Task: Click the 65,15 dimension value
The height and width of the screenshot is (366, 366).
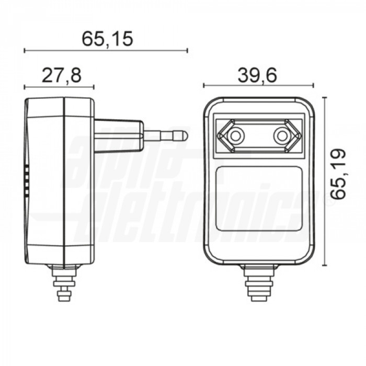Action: pyautogui.click(x=107, y=39)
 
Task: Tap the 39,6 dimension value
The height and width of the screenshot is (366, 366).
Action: pyautogui.click(x=257, y=75)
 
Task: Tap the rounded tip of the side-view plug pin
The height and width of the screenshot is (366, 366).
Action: pyautogui.click(x=183, y=136)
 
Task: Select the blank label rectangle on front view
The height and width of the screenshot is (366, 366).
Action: pyautogui.click(x=258, y=201)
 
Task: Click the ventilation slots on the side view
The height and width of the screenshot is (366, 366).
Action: pyautogui.click(x=27, y=181)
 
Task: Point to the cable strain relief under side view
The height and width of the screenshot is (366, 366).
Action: pyautogui.click(x=65, y=282)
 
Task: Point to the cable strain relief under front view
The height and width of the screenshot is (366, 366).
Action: pyautogui.click(x=259, y=282)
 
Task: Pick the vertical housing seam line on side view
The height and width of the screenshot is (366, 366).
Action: pyautogui.click(x=64, y=180)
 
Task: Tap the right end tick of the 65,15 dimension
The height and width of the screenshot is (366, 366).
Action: pyautogui.click(x=187, y=51)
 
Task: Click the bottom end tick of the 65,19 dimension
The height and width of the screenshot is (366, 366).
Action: pyautogui.click(x=324, y=266)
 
